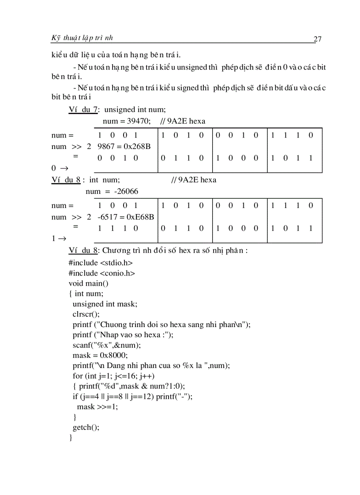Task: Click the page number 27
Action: [317, 39]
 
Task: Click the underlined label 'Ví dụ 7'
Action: [84, 110]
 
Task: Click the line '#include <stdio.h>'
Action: [101, 263]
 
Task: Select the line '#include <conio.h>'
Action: [102, 273]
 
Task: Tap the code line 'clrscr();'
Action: [86, 314]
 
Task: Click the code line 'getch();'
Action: [86, 427]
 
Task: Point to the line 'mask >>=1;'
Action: [97, 406]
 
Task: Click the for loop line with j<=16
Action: [113, 376]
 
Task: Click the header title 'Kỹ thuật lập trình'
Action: [82, 38]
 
